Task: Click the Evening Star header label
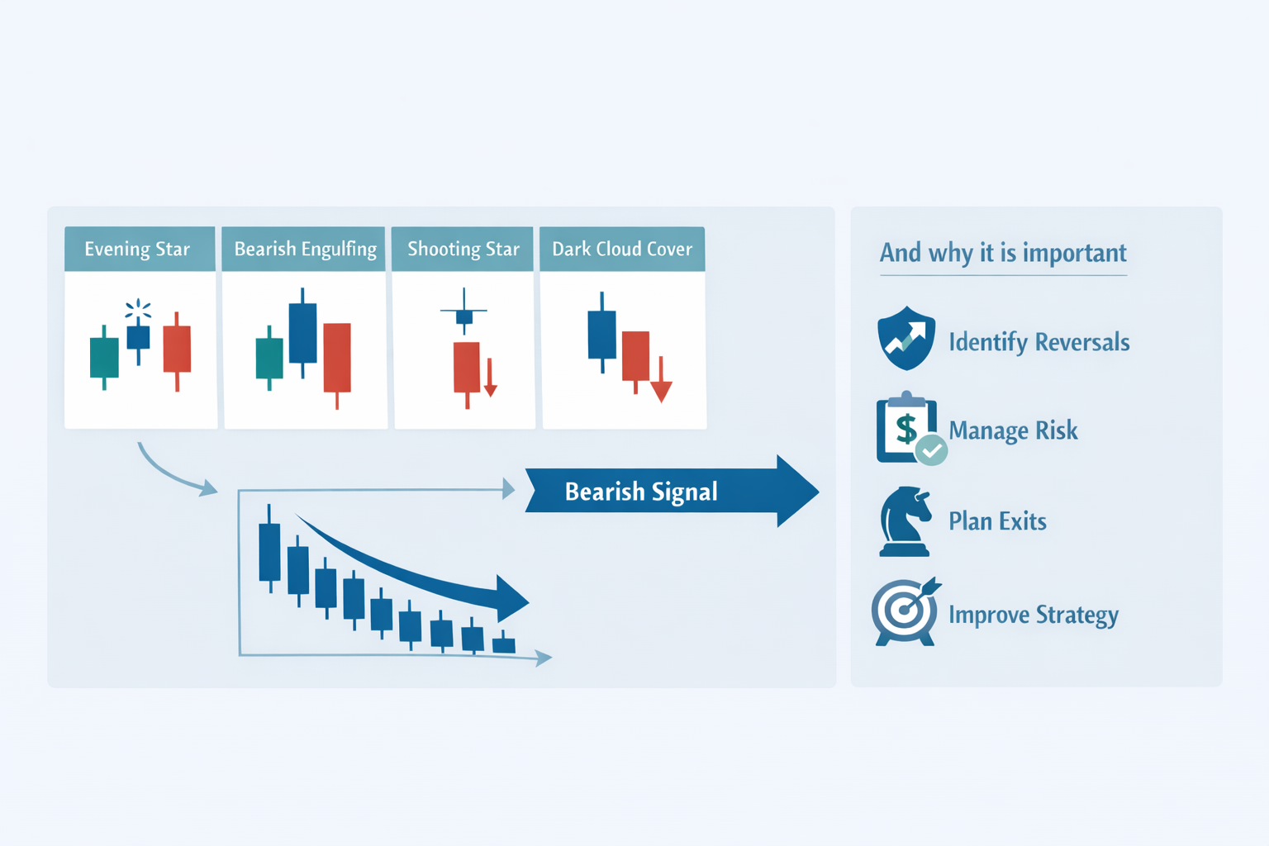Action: (137, 250)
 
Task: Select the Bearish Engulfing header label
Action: (305, 250)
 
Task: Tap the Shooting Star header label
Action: (463, 250)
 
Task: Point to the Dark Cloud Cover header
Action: (622, 250)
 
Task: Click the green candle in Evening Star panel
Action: (104, 357)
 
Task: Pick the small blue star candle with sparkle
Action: (138, 337)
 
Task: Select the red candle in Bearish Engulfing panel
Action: (337, 357)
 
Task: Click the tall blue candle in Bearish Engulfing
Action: (302, 333)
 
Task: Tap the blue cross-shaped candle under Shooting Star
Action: (464, 316)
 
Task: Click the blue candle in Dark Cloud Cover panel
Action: (601, 334)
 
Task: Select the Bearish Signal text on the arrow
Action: (641, 492)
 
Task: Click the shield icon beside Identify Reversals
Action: (906, 339)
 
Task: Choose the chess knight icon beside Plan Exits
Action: (905, 521)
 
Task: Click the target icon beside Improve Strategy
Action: (905, 612)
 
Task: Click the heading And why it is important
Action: (1003, 253)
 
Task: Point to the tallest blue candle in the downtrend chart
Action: (269, 552)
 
